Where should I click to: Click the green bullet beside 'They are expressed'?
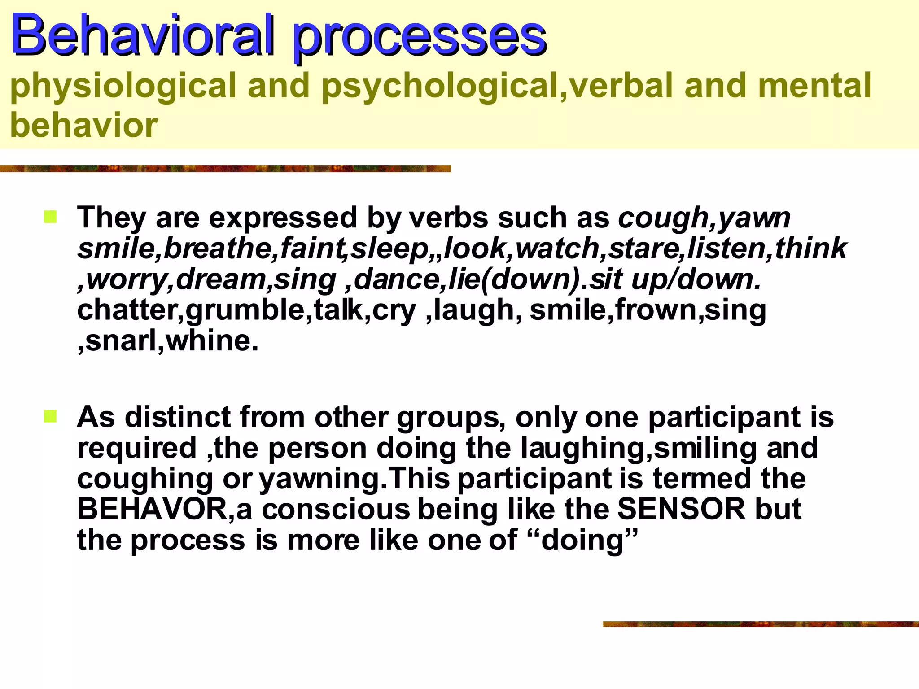pyautogui.click(x=50, y=218)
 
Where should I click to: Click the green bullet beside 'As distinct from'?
pyautogui.click(x=50, y=417)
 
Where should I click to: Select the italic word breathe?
pyautogui.click(x=217, y=249)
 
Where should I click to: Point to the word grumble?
pyautogui.click(x=245, y=310)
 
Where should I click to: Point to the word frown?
pyautogui.click(x=656, y=310)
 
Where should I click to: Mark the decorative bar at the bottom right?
pyautogui.click(x=760, y=624)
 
